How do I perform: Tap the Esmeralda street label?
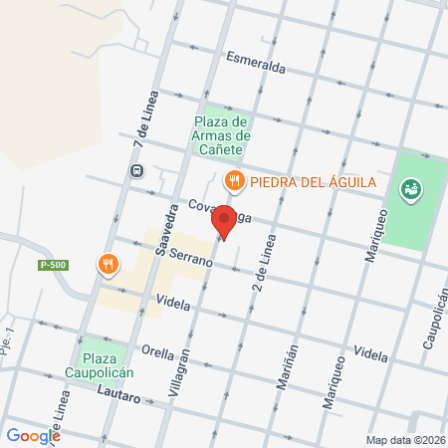tap(257, 62)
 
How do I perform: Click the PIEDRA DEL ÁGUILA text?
tap(312, 180)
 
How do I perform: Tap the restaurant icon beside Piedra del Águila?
tap(234, 180)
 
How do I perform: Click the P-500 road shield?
tap(53, 265)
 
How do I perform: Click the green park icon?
tap(409, 188)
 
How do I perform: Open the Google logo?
tap(33, 435)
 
